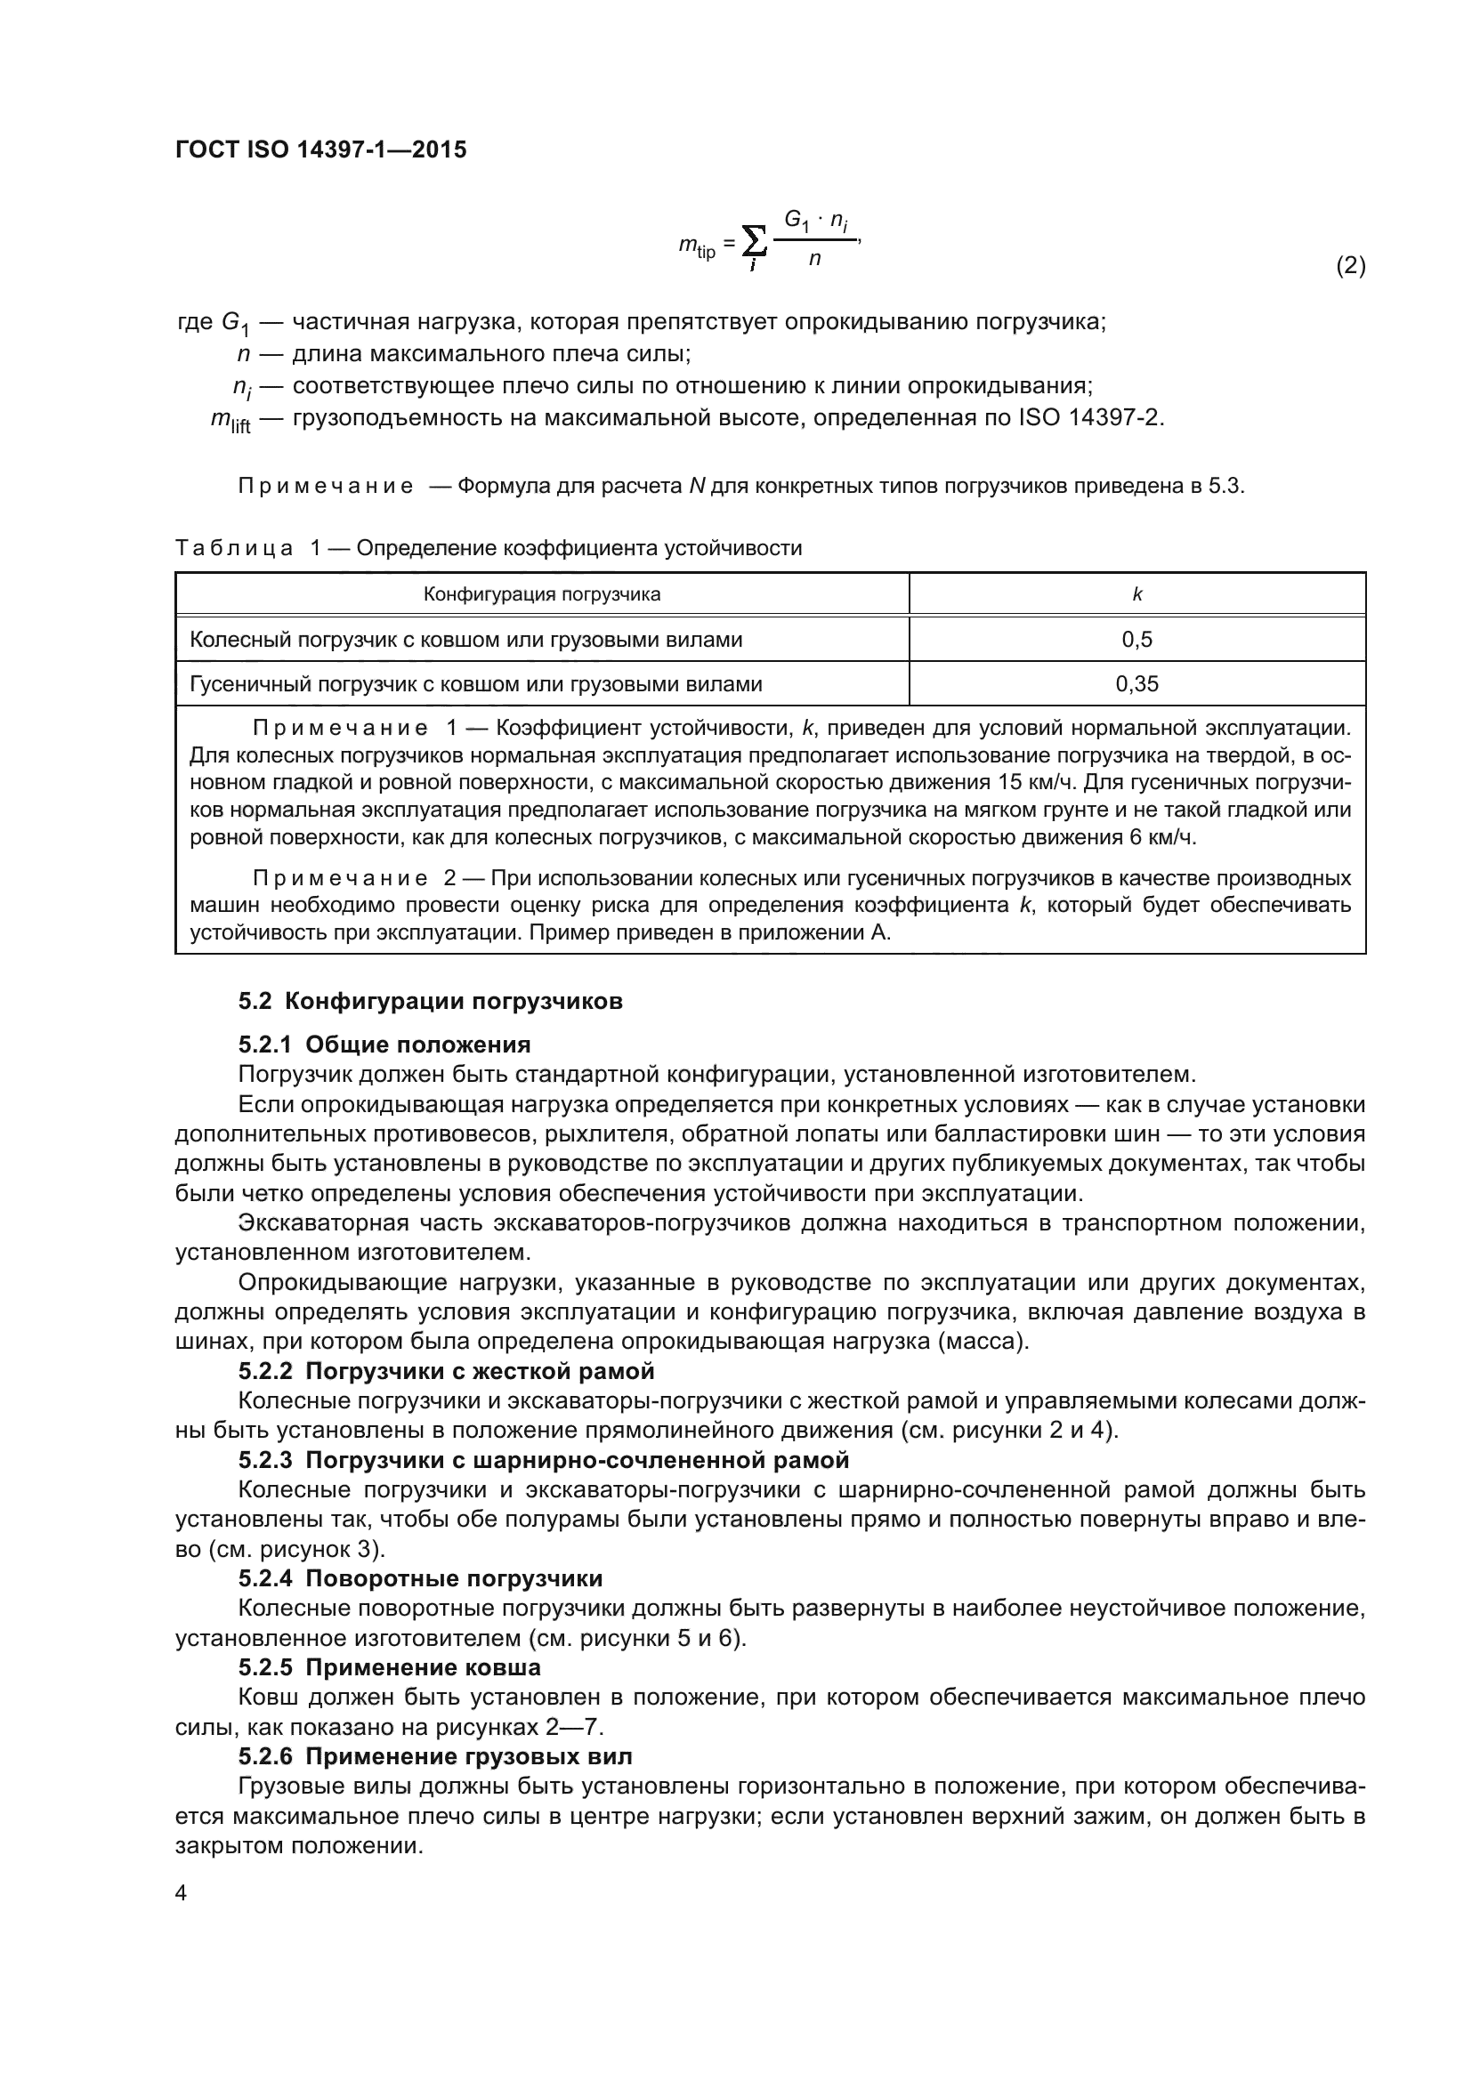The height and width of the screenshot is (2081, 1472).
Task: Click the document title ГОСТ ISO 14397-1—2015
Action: pyautogui.click(x=321, y=149)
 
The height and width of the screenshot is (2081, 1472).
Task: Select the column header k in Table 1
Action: pyautogui.click(x=1136, y=594)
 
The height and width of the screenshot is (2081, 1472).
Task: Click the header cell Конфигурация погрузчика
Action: pyautogui.click(x=542, y=594)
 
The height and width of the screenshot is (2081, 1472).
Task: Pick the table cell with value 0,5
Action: pyautogui.click(x=1136, y=640)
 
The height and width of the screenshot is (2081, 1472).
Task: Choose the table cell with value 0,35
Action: pyautogui.click(x=1136, y=684)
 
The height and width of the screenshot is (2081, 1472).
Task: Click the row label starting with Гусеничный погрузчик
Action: pyautogui.click(x=476, y=684)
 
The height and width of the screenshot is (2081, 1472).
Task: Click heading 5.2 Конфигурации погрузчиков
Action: pyautogui.click(x=431, y=1002)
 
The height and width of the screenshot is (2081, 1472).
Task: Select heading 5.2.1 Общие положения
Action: pyautogui.click(x=384, y=1045)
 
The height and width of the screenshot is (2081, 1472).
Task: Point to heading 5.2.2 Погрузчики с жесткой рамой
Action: pyautogui.click(x=446, y=1371)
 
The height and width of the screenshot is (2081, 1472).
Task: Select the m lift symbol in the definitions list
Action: pyautogui.click(x=231, y=421)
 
